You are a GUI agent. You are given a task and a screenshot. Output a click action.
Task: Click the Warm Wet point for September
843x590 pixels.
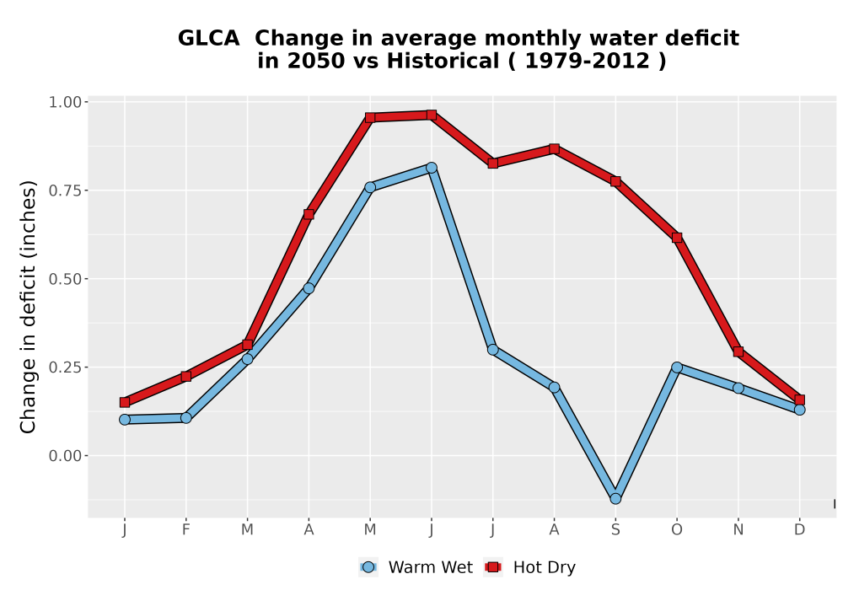click(x=615, y=499)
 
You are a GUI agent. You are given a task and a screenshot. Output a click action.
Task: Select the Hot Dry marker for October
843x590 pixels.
click(x=677, y=238)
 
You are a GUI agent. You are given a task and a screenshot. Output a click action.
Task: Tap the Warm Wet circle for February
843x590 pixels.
click(x=186, y=417)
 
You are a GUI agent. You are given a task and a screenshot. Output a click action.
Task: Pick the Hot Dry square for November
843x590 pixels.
click(x=738, y=351)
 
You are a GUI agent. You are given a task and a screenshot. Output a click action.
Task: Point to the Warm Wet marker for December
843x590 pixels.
click(x=799, y=410)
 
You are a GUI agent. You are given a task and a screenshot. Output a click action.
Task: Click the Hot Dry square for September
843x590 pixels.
click(x=615, y=181)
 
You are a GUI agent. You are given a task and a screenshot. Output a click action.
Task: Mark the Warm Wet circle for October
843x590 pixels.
click(x=677, y=367)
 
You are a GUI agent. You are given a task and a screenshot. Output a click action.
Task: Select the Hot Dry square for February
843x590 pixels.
click(x=186, y=376)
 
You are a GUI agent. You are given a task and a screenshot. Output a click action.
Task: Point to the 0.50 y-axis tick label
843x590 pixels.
click(x=65, y=279)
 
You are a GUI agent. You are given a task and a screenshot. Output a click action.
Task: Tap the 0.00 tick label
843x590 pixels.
click(x=65, y=456)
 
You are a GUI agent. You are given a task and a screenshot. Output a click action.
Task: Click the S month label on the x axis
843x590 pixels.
click(x=615, y=530)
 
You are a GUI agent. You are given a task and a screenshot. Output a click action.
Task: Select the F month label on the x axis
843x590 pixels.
click(x=186, y=530)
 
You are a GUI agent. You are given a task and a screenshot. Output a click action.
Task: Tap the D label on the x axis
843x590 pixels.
click(x=799, y=530)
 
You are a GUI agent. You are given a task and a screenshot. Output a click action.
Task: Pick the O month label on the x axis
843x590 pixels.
click(x=677, y=530)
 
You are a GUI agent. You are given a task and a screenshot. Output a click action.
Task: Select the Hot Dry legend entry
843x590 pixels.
click(x=529, y=567)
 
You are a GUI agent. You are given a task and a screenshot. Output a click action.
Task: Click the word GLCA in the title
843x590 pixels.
click(x=208, y=38)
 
